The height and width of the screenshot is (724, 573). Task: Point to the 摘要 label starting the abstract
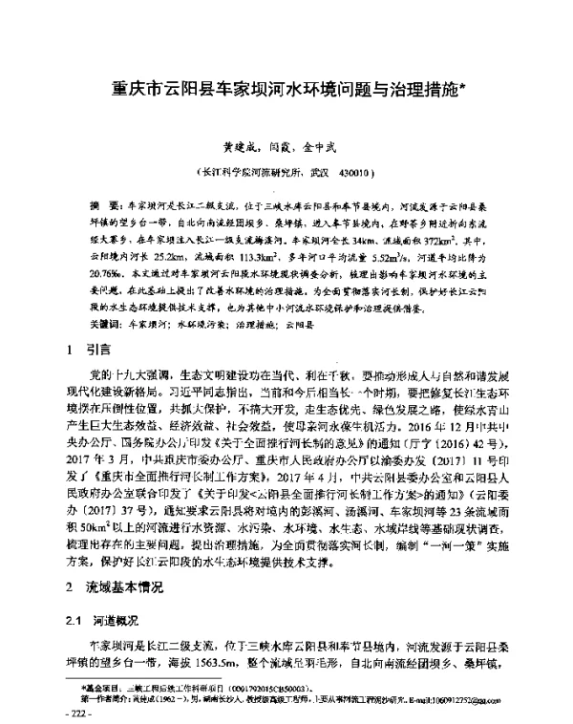click(x=99, y=205)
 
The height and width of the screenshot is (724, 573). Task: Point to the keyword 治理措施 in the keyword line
click(x=228, y=299)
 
